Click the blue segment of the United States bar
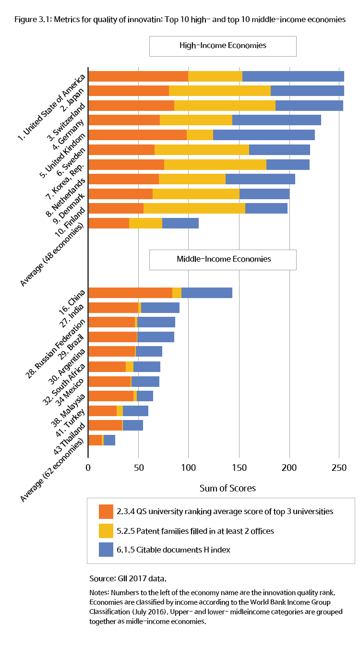click(x=293, y=76)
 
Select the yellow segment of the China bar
click(x=177, y=293)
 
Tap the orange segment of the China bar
click(x=130, y=293)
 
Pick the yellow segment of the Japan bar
click(x=220, y=91)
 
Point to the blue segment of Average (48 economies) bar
click(x=180, y=223)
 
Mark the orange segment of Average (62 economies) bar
click(x=95, y=440)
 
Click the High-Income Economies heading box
click(x=223, y=46)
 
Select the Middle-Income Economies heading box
click(x=223, y=259)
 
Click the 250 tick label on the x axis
click(x=339, y=468)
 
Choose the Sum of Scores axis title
click(x=228, y=488)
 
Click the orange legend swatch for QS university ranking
click(x=106, y=512)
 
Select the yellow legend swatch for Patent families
click(x=106, y=530)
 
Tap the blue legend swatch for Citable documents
click(x=106, y=550)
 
